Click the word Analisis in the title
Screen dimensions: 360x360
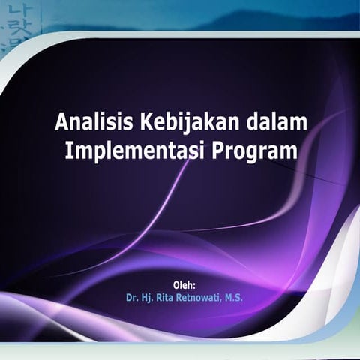click(x=94, y=122)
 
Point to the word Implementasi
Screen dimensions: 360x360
click(x=135, y=151)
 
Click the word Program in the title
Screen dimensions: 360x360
click(x=254, y=151)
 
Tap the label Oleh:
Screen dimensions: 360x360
click(x=184, y=285)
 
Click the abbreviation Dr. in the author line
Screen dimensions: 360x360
click(x=132, y=298)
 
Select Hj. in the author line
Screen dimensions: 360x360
click(x=147, y=298)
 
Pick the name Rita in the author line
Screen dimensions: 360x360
click(x=164, y=298)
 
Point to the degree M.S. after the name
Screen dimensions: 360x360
click(x=234, y=298)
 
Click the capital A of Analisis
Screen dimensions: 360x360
click(x=61, y=122)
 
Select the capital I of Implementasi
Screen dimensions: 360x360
click(x=67, y=151)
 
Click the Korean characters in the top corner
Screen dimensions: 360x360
click(x=19, y=25)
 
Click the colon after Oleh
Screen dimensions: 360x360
click(x=194, y=286)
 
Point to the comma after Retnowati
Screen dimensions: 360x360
click(x=220, y=301)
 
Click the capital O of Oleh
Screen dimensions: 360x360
click(x=176, y=285)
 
